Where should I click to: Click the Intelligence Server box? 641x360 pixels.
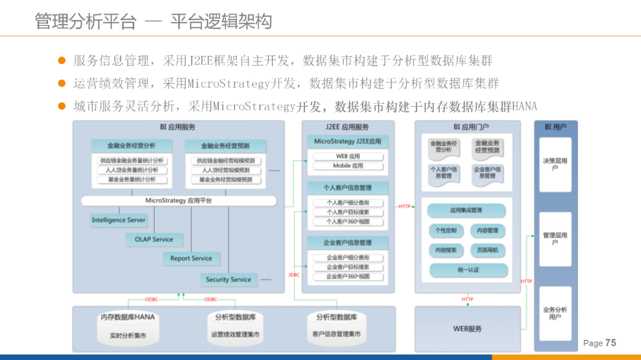119,220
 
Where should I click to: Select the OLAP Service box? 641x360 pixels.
154,240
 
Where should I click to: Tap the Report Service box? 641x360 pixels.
191,259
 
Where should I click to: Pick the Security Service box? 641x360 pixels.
229,279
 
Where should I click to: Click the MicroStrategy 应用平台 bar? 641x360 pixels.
178,201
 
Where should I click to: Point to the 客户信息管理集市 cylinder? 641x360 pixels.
337,327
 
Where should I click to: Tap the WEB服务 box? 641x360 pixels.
468,329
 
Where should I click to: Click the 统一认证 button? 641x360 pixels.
468,270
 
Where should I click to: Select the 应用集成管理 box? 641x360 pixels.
467,211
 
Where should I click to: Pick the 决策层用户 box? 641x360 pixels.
555,164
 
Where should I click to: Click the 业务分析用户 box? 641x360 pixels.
555,313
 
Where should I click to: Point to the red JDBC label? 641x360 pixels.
294,275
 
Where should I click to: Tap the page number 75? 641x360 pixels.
610,343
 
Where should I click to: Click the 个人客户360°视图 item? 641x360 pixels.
348,221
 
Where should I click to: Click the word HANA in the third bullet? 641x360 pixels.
524,107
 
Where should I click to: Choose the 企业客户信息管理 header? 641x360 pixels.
348,243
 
